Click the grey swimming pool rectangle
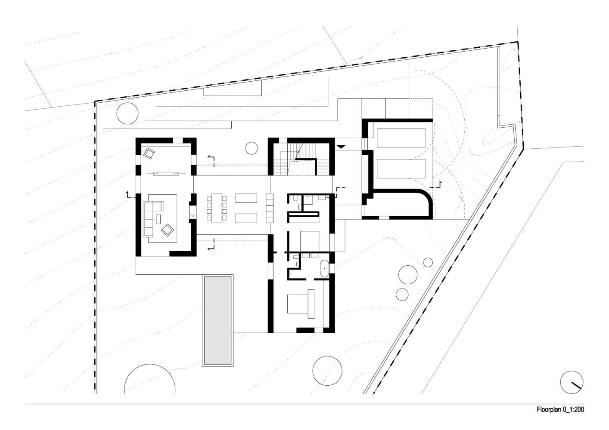tap(218, 320)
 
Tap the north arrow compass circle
tap(572, 381)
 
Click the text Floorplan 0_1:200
tap(560, 410)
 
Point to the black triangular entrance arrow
tap(341, 147)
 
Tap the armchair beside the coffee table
tap(167, 230)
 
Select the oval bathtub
tap(324, 269)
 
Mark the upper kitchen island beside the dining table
tap(246, 198)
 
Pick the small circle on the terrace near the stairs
tap(251, 148)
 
